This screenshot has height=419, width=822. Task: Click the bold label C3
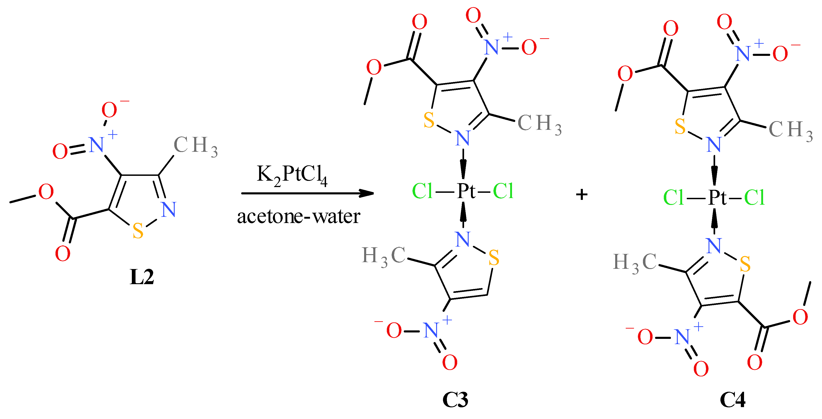click(x=455, y=400)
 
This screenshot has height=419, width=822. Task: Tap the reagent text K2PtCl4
click(x=292, y=175)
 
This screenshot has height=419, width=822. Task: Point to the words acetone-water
click(x=298, y=217)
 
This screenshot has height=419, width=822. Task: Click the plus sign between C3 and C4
click(x=581, y=194)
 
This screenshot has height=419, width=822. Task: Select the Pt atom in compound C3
click(x=466, y=191)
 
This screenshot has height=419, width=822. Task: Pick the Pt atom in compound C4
click(x=717, y=198)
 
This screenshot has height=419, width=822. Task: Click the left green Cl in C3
click(x=422, y=191)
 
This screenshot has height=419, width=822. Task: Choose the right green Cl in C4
click(x=754, y=198)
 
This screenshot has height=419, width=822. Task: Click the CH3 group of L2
click(x=195, y=146)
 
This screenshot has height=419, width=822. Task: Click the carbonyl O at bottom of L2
click(x=63, y=254)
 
